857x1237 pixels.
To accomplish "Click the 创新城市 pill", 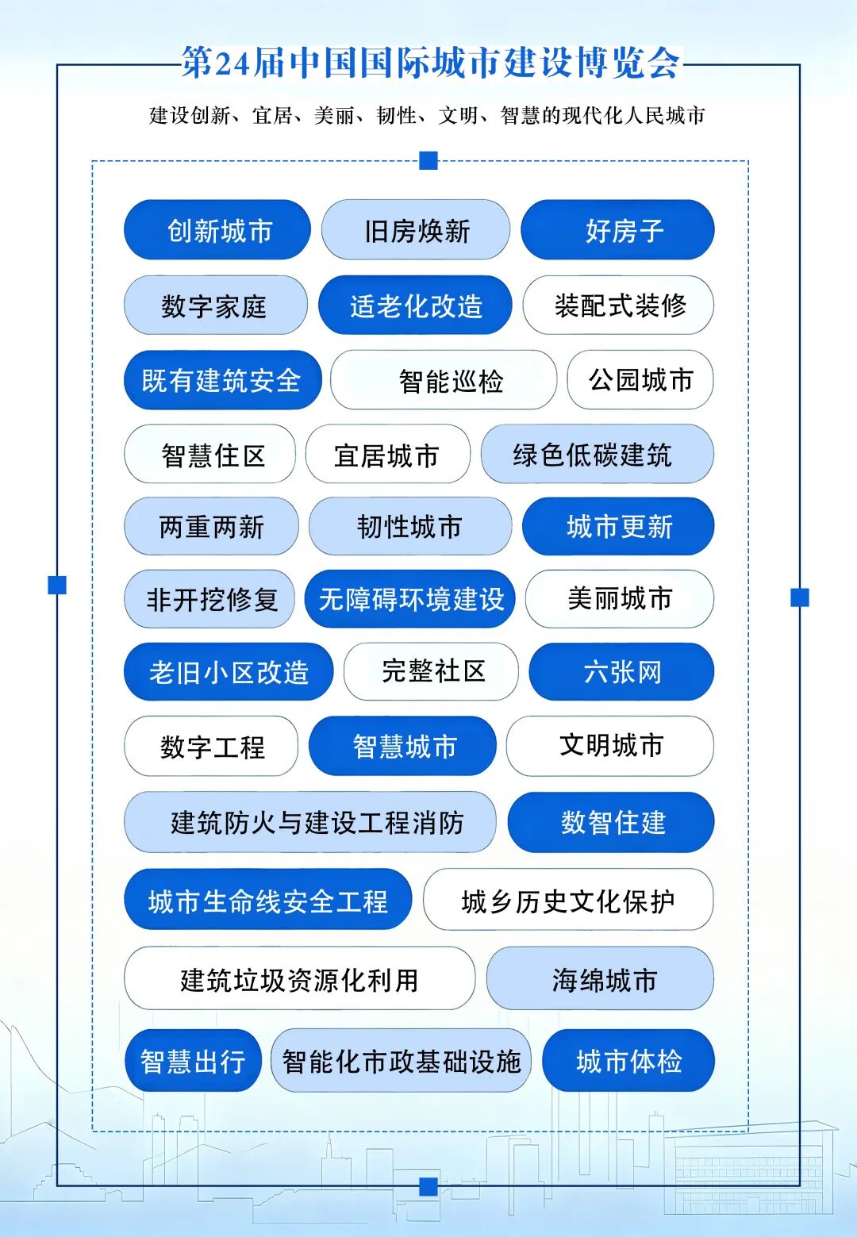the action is pos(217,230).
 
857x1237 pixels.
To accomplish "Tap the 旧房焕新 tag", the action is pos(416,230).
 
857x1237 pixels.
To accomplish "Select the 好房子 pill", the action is pos(617,230).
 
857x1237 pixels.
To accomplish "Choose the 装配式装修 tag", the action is pos(618,305).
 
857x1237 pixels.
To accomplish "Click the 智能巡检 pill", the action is pos(444,380).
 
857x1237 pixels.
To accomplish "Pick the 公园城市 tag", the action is pos(640,380).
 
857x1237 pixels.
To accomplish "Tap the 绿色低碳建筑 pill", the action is pos(598,454).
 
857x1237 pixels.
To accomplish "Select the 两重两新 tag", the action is pos(212,526).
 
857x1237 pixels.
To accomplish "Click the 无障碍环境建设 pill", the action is pos(409,599).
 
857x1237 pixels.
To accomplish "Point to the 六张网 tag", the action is pos(622,672).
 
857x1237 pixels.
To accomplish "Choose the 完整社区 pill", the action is pos(431,672).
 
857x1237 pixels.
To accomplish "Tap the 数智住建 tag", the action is pos(611,822).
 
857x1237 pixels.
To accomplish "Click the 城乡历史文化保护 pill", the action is pos(568,900).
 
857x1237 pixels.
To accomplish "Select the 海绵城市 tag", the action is pos(600,978).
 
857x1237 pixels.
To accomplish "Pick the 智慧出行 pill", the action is pos(193,1061).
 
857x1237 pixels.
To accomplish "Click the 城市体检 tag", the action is pos(628,1061).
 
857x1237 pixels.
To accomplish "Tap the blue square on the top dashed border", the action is pos(428,161).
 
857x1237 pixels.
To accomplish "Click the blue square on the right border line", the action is pos(800,597).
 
